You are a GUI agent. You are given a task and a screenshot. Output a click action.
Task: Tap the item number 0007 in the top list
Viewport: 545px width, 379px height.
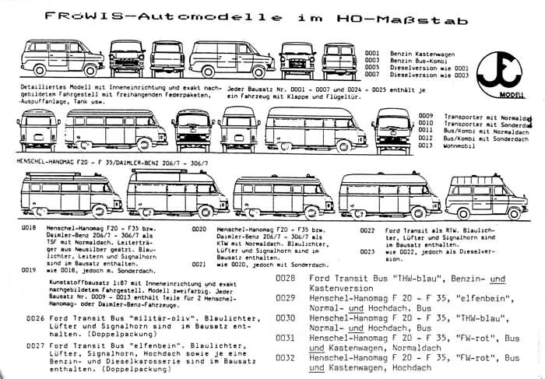[x=373, y=75]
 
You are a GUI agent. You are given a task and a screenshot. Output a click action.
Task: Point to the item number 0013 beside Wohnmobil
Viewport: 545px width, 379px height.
[x=425, y=145]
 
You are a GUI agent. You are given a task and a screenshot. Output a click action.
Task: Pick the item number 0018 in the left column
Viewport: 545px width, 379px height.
[x=29, y=228]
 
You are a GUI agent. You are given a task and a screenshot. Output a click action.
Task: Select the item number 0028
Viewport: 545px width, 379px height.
[x=286, y=279]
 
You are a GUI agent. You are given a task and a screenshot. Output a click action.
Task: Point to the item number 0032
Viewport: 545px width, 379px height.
[x=286, y=358]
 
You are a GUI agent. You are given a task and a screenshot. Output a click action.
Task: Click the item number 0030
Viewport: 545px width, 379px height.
[x=286, y=318]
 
